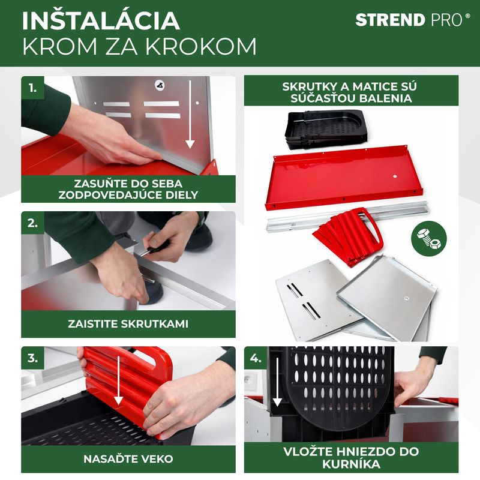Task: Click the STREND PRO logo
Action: (x=412, y=20)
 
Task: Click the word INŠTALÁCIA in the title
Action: (x=101, y=20)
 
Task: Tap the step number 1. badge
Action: (x=33, y=88)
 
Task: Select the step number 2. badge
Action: (x=33, y=223)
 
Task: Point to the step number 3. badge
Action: (x=33, y=358)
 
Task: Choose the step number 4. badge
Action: (x=256, y=358)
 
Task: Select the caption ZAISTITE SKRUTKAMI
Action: (x=128, y=324)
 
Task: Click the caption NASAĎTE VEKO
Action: (x=128, y=459)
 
